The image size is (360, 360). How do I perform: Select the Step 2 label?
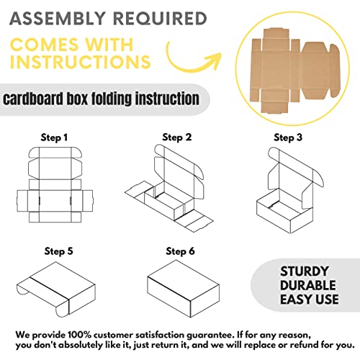tap(176, 137)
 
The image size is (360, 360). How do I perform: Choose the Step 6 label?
tap(179, 251)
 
